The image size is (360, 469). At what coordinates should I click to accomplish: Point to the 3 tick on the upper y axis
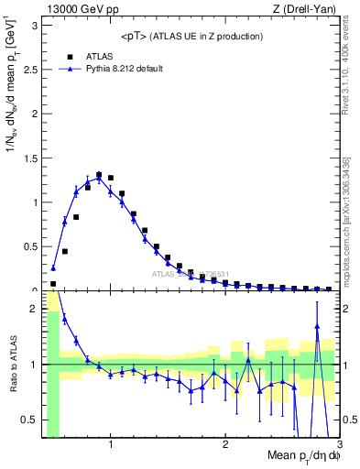tap(33, 25)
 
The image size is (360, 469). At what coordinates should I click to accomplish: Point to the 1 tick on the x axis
tap(111, 444)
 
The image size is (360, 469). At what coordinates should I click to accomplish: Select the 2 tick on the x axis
tap(225, 444)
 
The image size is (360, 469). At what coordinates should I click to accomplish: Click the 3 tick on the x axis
tap(339, 444)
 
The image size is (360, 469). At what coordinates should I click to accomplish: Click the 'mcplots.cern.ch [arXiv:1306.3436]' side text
tap(349, 210)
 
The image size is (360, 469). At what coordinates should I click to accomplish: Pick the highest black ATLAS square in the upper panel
tap(99, 175)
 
